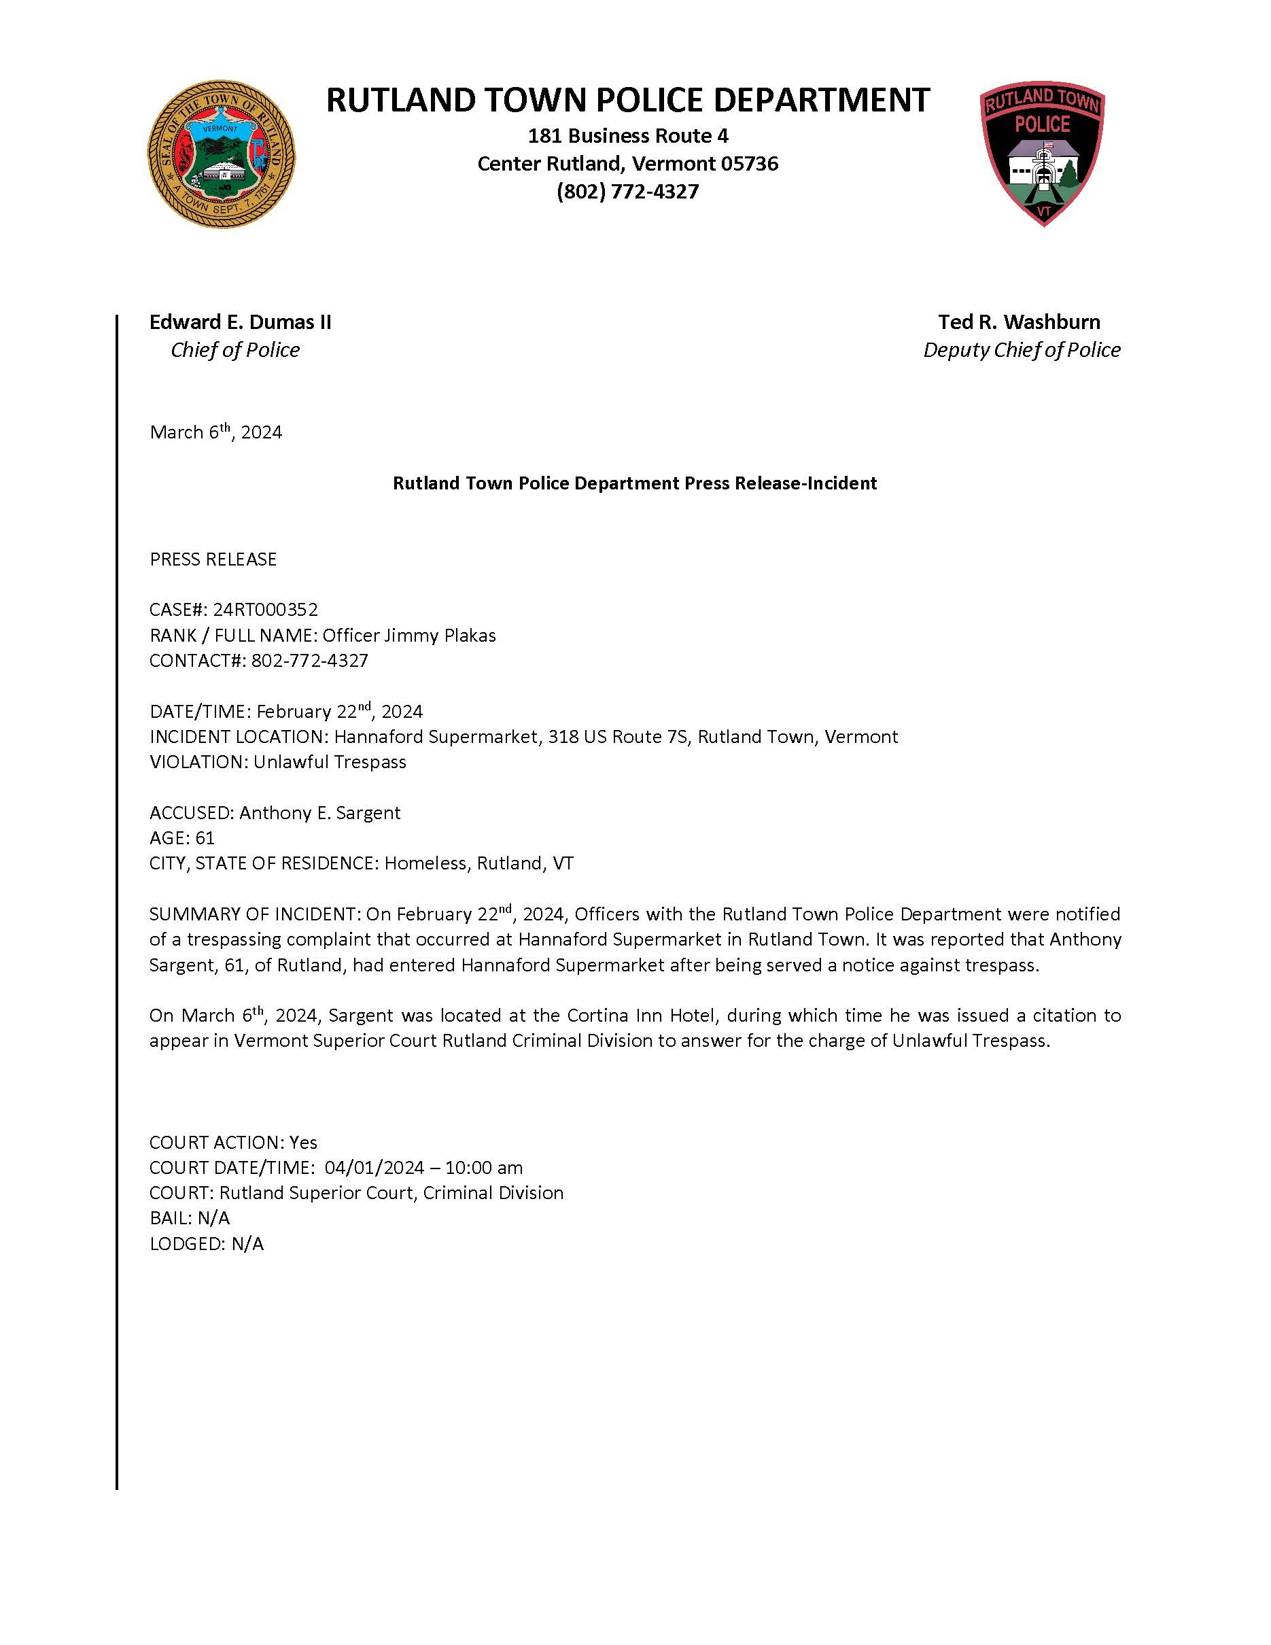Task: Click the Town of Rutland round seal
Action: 222,155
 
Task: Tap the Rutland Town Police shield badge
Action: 1043,155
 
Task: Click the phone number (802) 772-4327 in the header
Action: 627,191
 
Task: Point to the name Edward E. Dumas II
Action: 240,322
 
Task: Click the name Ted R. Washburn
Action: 1019,322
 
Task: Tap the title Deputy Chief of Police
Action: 1021,349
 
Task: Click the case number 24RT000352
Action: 265,609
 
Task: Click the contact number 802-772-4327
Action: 309,661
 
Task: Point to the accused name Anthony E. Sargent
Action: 320,813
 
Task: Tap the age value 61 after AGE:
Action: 205,837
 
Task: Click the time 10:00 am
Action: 483,1167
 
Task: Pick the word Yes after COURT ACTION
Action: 303,1143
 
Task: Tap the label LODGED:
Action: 188,1243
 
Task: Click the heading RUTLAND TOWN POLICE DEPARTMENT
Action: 627,100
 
